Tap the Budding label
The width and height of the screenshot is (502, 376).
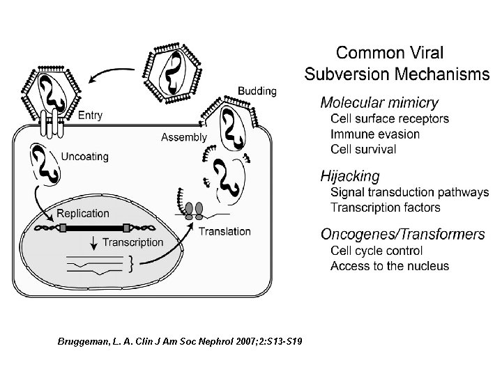pos(257,91)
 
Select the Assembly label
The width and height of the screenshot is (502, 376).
pos(183,137)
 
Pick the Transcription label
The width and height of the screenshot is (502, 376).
pos(132,242)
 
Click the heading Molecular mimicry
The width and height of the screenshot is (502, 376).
pos(379,102)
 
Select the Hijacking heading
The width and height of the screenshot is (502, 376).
pos(350,176)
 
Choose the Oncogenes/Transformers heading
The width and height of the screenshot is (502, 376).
pos(402,235)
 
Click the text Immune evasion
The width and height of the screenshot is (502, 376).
pos(375,134)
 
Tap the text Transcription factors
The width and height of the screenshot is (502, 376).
pos(386,207)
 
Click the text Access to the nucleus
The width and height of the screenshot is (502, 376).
pos(390,266)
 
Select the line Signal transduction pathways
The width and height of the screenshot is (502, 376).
pos(409,193)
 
